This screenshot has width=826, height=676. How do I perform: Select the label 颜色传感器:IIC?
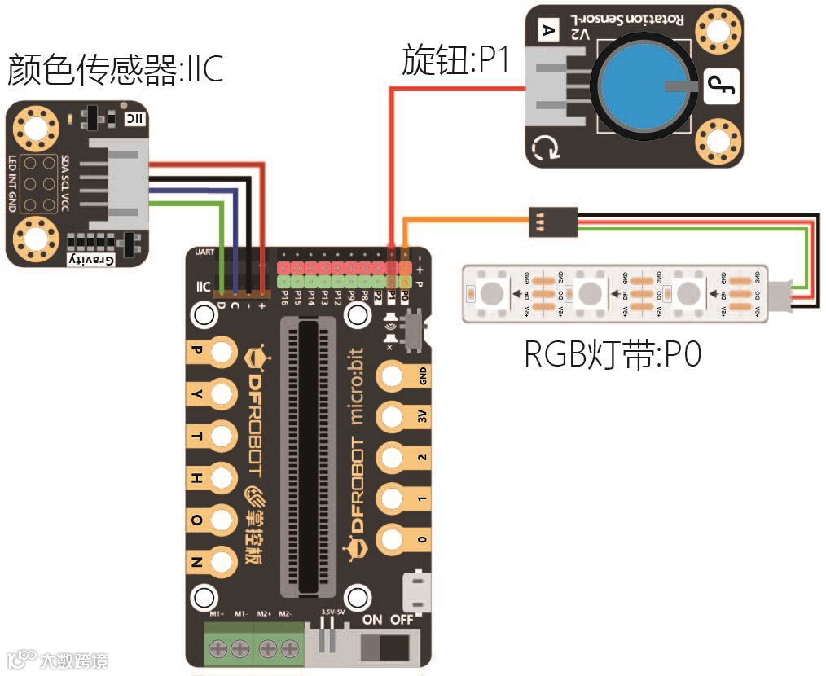click(x=115, y=70)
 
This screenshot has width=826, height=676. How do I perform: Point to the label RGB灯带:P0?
click(x=612, y=355)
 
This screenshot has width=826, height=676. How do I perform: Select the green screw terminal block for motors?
click(x=253, y=647)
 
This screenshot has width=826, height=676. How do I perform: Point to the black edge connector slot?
click(x=309, y=456)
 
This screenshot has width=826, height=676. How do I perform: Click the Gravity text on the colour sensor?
click(x=92, y=259)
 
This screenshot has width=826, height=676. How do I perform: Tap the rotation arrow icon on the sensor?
click(x=543, y=148)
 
